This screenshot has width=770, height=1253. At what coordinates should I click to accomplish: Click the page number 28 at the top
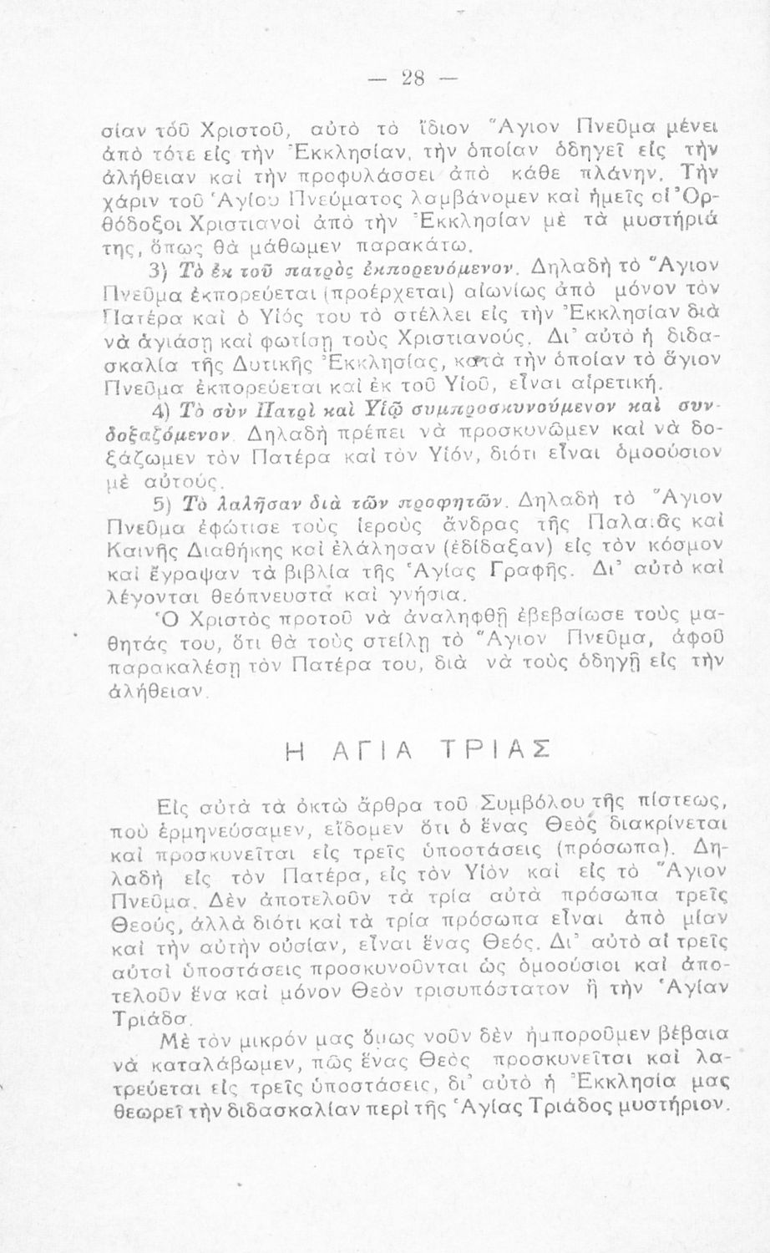[412, 79]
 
